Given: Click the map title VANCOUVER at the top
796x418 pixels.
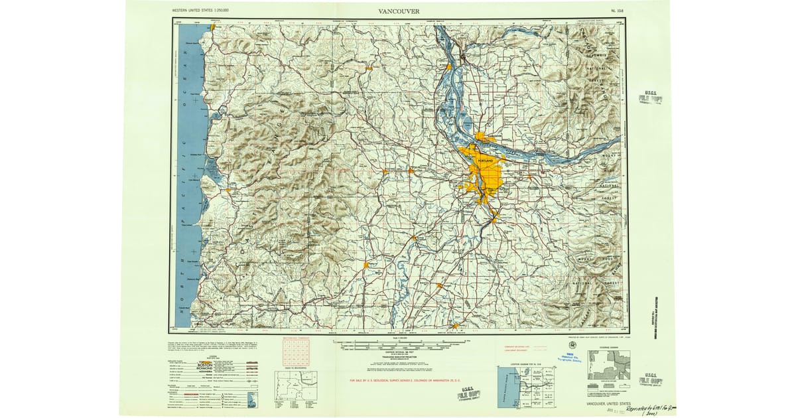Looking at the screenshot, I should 398,11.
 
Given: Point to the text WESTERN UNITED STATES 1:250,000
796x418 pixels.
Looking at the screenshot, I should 201,11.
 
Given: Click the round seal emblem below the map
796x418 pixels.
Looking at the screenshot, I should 571,344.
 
